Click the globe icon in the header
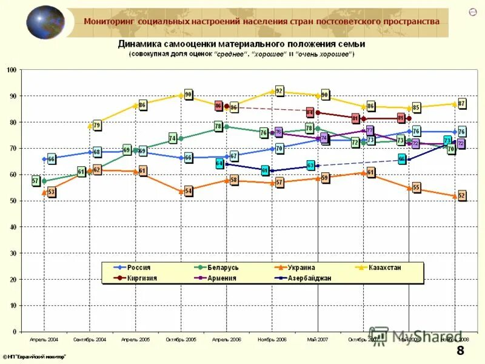click(x=45, y=22)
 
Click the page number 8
click(x=460, y=351)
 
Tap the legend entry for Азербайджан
click(x=309, y=278)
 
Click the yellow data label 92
click(x=279, y=91)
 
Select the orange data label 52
click(x=462, y=195)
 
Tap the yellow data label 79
click(x=97, y=126)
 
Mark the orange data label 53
click(x=52, y=192)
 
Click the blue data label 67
click(x=234, y=156)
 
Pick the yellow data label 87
click(x=462, y=104)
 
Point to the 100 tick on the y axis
click(x=11, y=70)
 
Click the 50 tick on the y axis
click(x=13, y=201)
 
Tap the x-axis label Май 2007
click(x=318, y=340)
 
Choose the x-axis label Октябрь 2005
click(x=181, y=340)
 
